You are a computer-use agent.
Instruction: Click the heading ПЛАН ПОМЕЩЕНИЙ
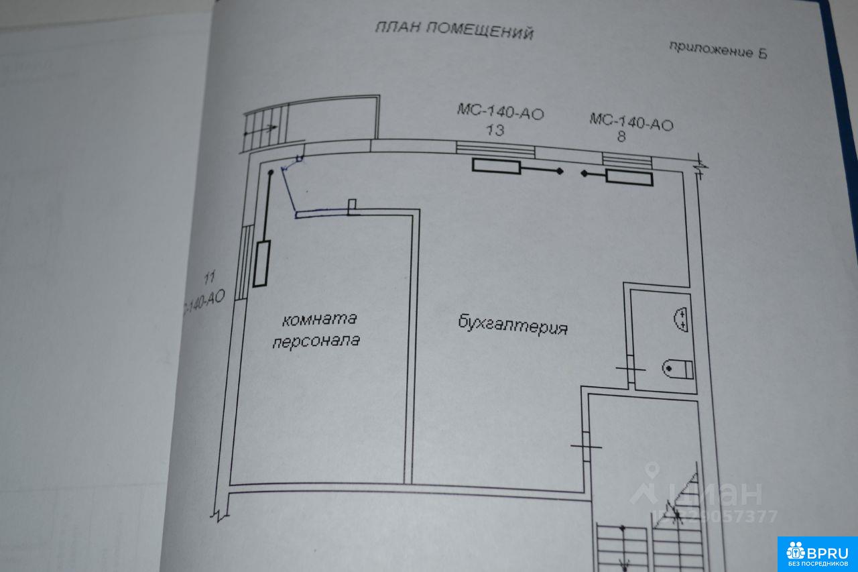pyautogui.click(x=454, y=30)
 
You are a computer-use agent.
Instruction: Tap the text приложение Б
pyautogui.click(x=718, y=50)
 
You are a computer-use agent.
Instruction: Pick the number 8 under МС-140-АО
pyautogui.click(x=621, y=138)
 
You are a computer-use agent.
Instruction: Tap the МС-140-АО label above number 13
pyautogui.click(x=500, y=112)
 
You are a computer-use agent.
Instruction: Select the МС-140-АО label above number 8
pyautogui.click(x=631, y=123)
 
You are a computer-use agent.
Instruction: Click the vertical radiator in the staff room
pyautogui.click(x=262, y=264)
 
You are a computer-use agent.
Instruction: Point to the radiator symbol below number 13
pyautogui.click(x=496, y=166)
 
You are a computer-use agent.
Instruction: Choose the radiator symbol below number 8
pyautogui.click(x=629, y=178)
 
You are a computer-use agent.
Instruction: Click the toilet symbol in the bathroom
pyautogui.click(x=678, y=367)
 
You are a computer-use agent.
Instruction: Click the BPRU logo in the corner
pyautogui.click(x=817, y=554)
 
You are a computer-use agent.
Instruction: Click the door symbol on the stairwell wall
pyautogui.click(x=587, y=446)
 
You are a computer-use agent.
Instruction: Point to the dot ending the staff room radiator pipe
pyautogui.click(x=271, y=173)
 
